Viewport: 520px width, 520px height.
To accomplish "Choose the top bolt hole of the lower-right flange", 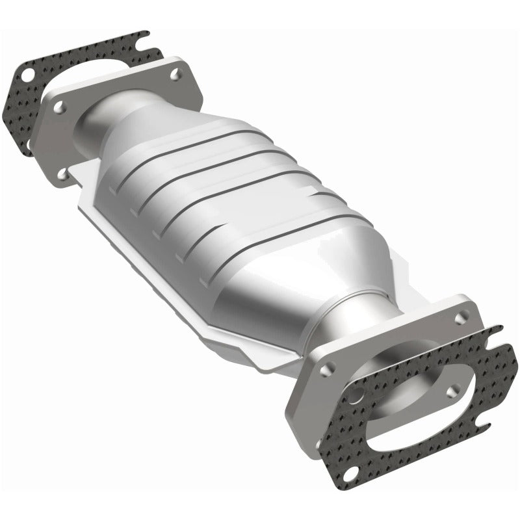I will [x=461, y=318].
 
